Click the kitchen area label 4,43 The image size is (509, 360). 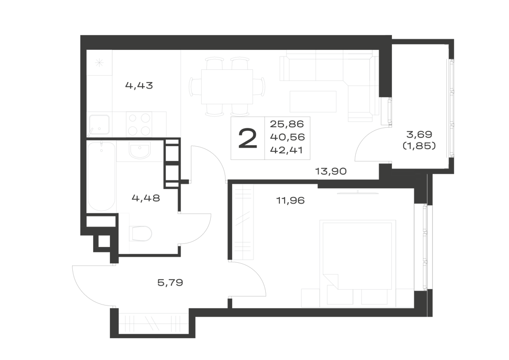click(x=139, y=86)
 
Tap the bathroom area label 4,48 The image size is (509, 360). click(x=146, y=198)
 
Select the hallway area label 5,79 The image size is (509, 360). click(x=170, y=283)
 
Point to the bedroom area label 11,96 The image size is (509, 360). click(x=291, y=201)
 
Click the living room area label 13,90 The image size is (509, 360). click(x=331, y=171)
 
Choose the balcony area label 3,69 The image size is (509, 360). click(x=419, y=134)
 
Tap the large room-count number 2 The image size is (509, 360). click(x=248, y=139)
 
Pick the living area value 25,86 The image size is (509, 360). click(x=287, y=124)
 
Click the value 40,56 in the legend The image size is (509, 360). click(x=288, y=137)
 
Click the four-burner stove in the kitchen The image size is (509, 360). click(x=139, y=124)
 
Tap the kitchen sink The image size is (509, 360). click(x=99, y=125)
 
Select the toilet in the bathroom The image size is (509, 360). click(x=140, y=233)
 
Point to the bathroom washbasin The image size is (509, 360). click(x=139, y=151)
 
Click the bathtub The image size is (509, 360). click(x=101, y=177)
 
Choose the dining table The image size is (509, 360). click(x=227, y=87)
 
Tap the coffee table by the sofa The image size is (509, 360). click(x=313, y=101)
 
